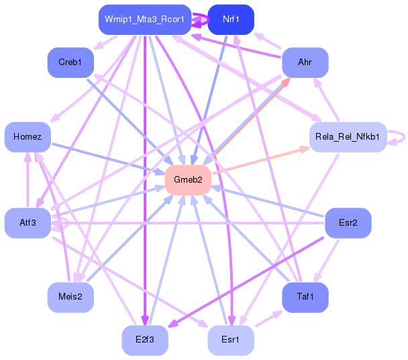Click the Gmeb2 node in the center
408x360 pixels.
[x=188, y=180]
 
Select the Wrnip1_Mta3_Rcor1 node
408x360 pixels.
[x=144, y=19]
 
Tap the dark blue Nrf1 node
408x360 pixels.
[x=231, y=19]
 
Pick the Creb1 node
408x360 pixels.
[x=70, y=62]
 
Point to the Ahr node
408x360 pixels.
[x=305, y=62]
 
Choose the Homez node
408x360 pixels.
[x=28, y=137]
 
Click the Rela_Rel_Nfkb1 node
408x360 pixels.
[x=348, y=137]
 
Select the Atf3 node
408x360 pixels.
[x=28, y=222]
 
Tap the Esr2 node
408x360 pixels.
[x=348, y=222]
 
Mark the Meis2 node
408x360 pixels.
[x=70, y=297]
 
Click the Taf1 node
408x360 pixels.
[x=305, y=297]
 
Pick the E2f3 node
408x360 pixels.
[x=144, y=340]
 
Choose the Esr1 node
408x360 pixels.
[x=231, y=340]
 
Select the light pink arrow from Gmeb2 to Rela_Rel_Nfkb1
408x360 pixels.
[x=262, y=159]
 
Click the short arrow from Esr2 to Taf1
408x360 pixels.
[x=327, y=259]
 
